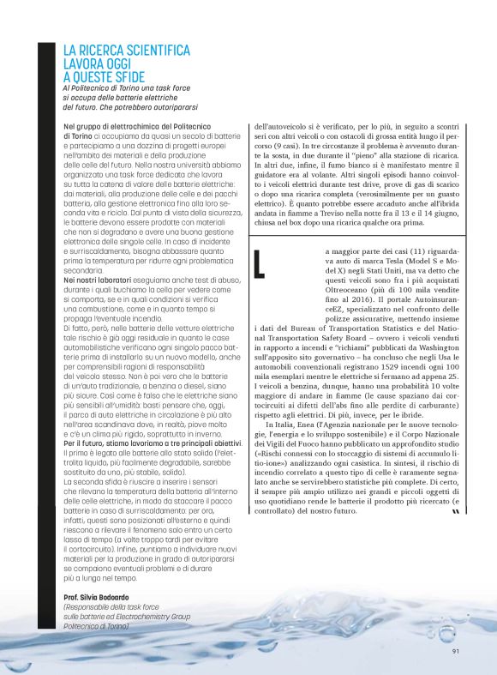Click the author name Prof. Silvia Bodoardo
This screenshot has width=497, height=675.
(x=103, y=595)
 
